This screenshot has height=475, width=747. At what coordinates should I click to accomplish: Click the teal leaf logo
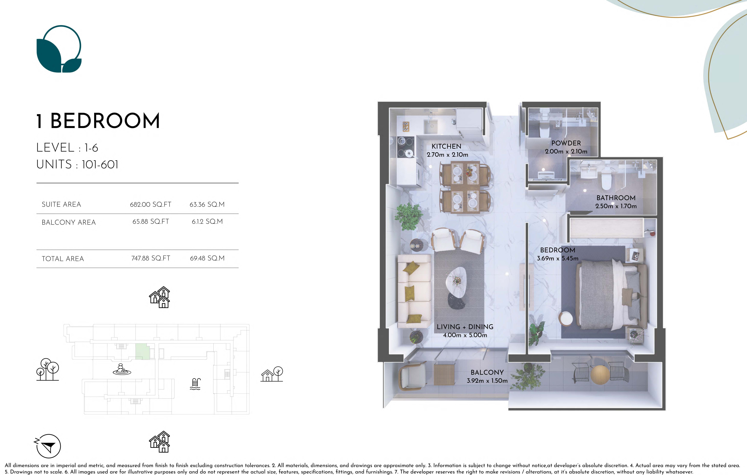[59, 49]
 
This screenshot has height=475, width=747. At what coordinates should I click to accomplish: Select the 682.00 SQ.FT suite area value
[150, 204]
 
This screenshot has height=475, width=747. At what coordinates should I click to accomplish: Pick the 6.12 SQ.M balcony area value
[207, 221]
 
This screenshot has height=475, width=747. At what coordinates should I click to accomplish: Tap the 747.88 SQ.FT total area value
[151, 258]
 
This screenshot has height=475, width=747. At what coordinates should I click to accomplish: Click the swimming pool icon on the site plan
[195, 384]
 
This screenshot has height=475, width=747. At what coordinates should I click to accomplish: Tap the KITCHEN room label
[446, 146]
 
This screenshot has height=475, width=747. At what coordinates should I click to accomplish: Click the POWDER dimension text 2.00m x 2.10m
[566, 152]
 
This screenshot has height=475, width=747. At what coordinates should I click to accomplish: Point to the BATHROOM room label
[616, 198]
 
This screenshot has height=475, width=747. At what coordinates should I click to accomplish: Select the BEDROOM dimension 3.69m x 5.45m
[557, 258]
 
